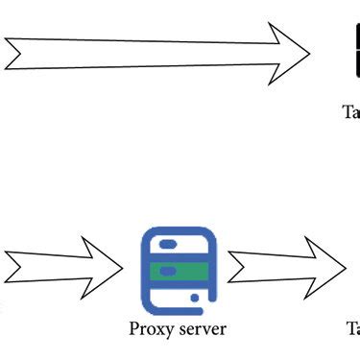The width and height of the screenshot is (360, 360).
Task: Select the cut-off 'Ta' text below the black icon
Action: pos(351,111)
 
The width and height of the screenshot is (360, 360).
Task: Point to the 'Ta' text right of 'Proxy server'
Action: pos(352,329)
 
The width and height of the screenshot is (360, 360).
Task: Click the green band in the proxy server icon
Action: pos(179,272)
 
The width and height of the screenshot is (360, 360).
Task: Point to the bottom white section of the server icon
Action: pos(173,297)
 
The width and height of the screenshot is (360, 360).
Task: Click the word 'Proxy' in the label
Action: pos(152,329)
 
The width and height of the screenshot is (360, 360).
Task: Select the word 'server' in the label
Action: pos(202,329)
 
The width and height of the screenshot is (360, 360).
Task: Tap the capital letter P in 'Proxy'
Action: pos(134,329)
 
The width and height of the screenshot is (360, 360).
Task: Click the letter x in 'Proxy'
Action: pos(158,330)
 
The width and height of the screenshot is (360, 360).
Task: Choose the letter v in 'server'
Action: pos(206,330)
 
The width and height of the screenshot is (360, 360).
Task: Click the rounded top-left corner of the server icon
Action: pos(146,234)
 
